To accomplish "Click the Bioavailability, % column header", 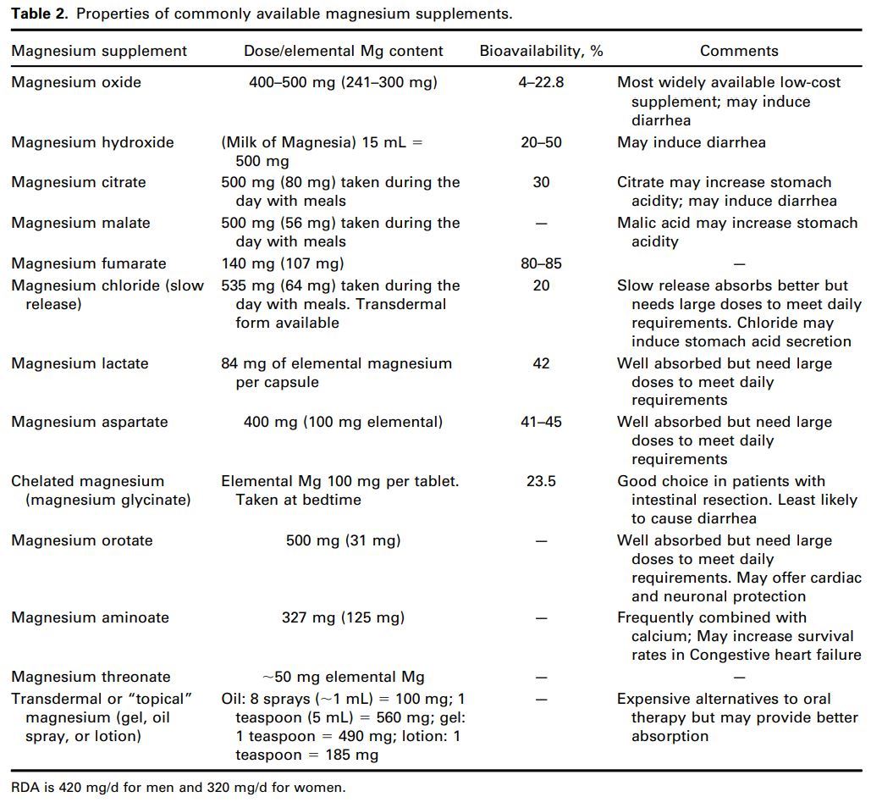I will pyautogui.click(x=541, y=51).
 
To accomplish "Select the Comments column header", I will pyautogui.click(x=739, y=51).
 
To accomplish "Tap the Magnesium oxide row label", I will pyautogui.click(x=76, y=82).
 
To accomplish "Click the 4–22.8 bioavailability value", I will pyautogui.click(x=541, y=82).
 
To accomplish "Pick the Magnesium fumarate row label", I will pyautogui.click(x=89, y=263).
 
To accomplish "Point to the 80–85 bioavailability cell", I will pyautogui.click(x=541, y=263).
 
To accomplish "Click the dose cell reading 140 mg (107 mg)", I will pyautogui.click(x=283, y=263).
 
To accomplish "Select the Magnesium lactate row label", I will pyautogui.click(x=80, y=363).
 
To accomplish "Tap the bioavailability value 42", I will pyautogui.click(x=541, y=363).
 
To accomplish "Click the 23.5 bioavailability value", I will pyautogui.click(x=541, y=481).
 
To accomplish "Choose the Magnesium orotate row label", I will pyautogui.click(x=82, y=540).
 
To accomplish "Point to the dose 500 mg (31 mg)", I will pyautogui.click(x=343, y=540).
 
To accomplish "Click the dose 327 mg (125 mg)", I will pyautogui.click(x=343, y=617).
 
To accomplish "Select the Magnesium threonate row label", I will pyautogui.click(x=91, y=677).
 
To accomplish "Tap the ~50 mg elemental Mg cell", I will pyautogui.click(x=343, y=677).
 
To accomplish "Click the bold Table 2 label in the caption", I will pyautogui.click(x=40, y=14).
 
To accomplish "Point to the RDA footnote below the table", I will pyautogui.click(x=179, y=788).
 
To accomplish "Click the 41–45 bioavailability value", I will pyautogui.click(x=541, y=422).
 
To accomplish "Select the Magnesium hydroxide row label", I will pyautogui.click(x=92, y=142).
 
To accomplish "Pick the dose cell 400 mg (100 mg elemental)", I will pyautogui.click(x=343, y=422).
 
